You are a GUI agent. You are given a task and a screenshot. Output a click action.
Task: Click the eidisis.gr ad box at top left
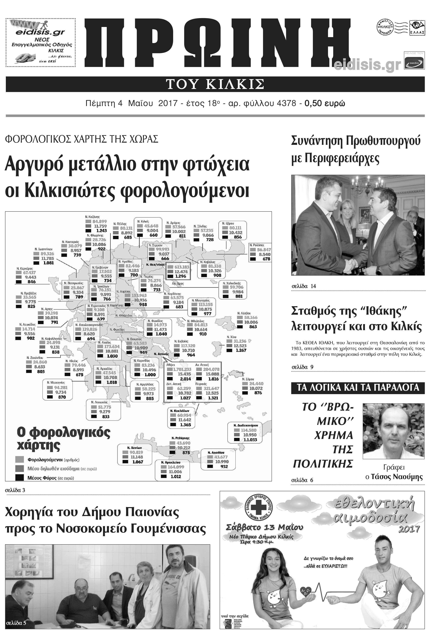41,43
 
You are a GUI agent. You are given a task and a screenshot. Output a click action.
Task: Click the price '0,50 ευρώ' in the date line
325,103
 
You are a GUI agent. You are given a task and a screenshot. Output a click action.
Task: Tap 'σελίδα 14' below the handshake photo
304,286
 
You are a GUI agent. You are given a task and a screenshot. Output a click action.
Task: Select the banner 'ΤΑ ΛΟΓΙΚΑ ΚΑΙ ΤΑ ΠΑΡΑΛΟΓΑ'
358,388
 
